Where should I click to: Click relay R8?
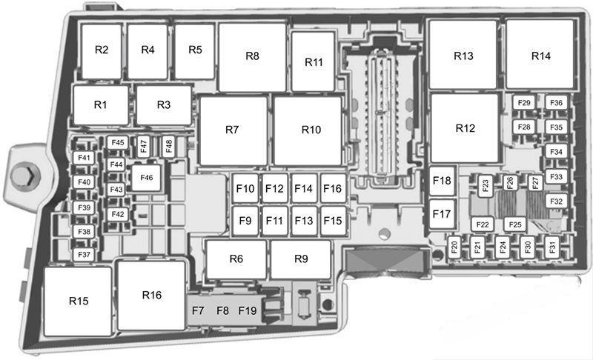pos(252,57)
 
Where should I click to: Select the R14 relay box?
pos(540,54)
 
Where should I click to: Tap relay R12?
pos(465,128)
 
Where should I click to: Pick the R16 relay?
pos(151,296)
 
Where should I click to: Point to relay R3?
pos(164,105)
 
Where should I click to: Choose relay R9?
pos(301,259)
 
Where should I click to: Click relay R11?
pos(313,61)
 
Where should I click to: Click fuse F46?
pos(146,178)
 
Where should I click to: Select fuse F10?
pos(245,188)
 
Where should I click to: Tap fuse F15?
pos(333,221)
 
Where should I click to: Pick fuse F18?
pos(442,181)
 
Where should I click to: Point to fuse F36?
pos(557,103)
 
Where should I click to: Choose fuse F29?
pos(524,103)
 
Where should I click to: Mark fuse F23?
pos(486,185)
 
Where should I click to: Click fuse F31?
pos(552,247)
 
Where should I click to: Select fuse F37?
pos(84,255)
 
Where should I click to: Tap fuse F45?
pos(118,143)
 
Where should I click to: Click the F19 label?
pos(248,310)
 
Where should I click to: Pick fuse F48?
pos(169,146)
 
